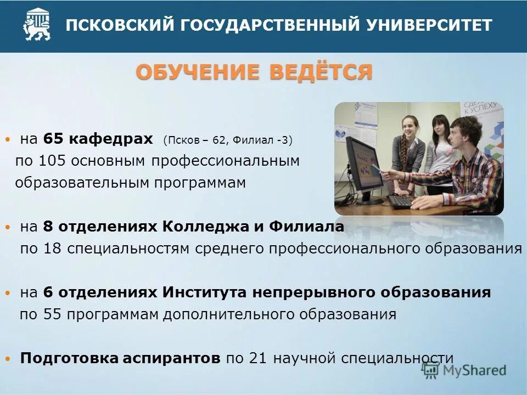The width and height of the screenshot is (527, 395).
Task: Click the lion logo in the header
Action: [37, 25]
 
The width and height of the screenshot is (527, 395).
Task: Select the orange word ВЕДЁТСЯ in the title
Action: [321, 72]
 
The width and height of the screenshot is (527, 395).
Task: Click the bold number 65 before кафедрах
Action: [53, 139]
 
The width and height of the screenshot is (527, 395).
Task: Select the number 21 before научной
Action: [257, 358]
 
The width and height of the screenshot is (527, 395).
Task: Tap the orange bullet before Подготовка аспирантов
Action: [7, 359]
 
